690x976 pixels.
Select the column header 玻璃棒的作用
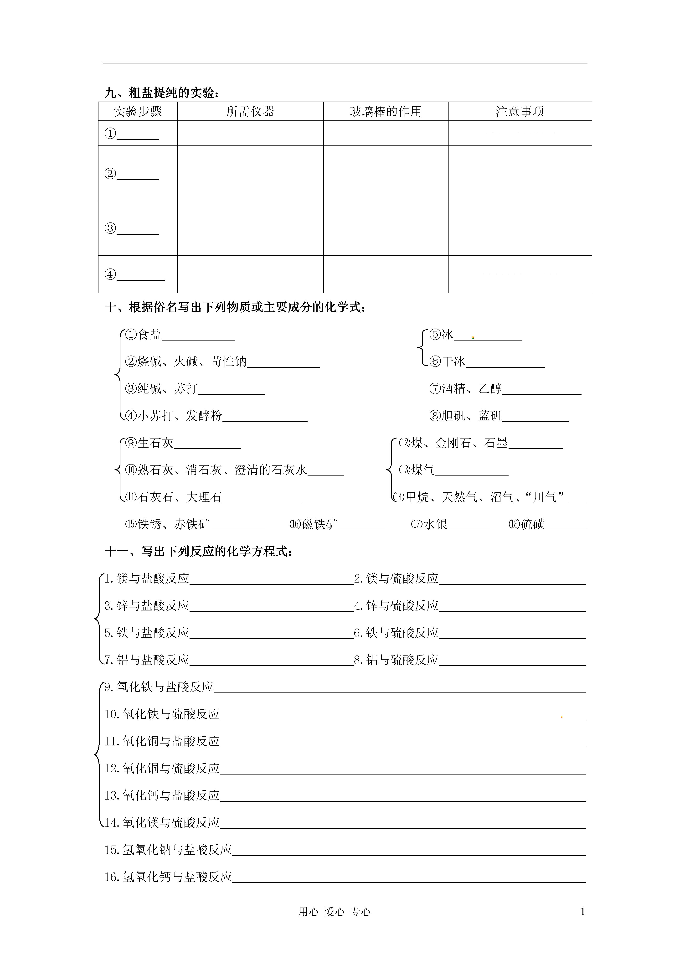coord(385,111)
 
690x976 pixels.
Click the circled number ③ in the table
coord(110,228)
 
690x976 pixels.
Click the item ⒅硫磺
coord(526,524)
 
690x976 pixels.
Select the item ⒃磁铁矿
coord(313,524)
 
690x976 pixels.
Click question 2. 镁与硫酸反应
coord(396,578)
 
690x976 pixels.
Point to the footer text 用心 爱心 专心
coord(334,911)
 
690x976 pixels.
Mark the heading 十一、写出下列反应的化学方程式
coord(199,551)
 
